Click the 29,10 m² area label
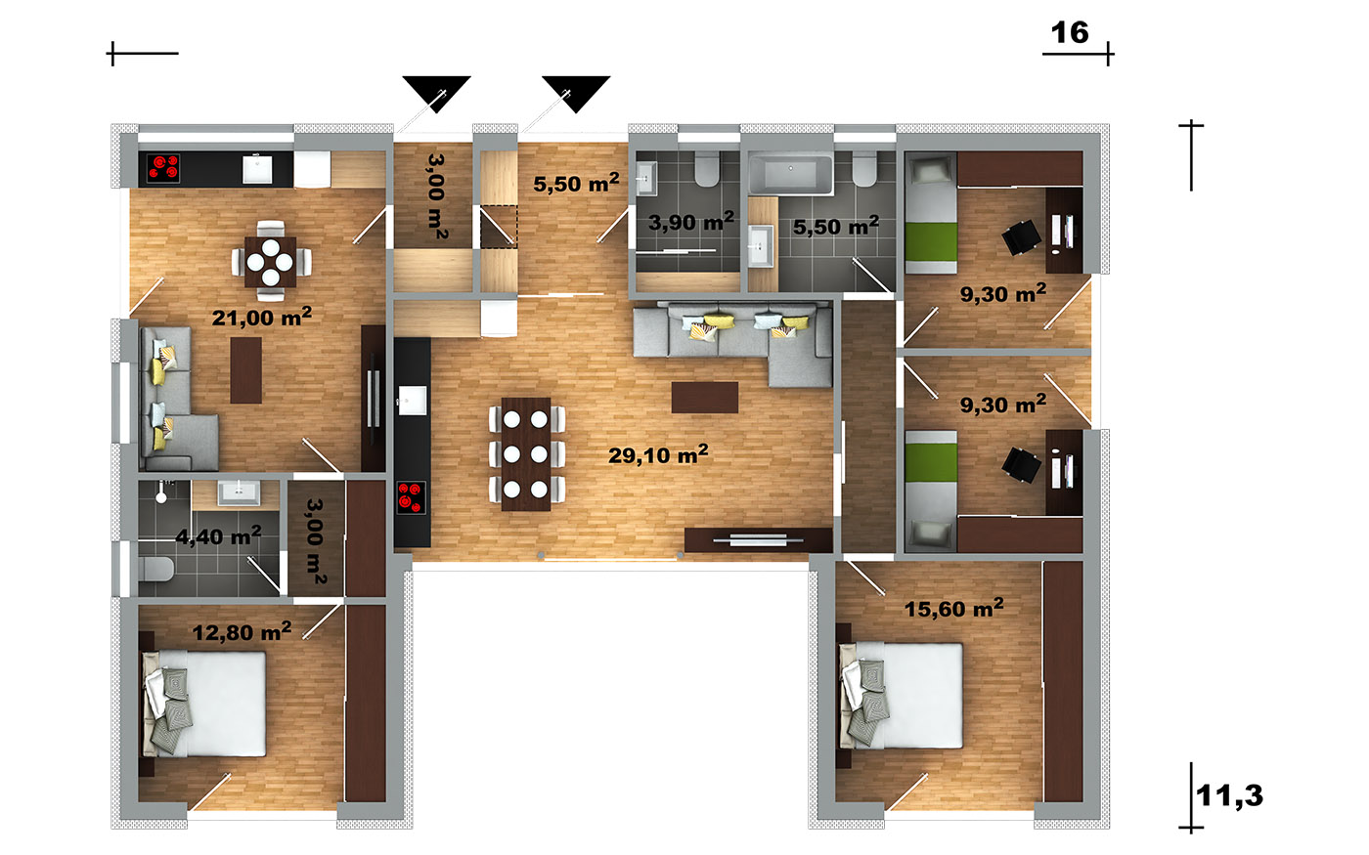pyautogui.click(x=658, y=455)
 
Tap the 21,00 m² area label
pyautogui.click(x=262, y=317)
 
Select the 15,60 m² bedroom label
pyautogui.click(x=953, y=608)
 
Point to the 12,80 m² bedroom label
pyautogui.click(x=242, y=632)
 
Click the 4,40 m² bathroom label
pyautogui.click(x=218, y=536)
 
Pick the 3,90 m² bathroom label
pyautogui.click(x=691, y=222)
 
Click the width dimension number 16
pyautogui.click(x=1070, y=33)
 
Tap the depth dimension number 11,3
pyautogui.click(x=1229, y=795)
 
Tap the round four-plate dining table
pyautogui.click(x=270, y=262)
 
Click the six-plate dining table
pyautogui.click(x=526, y=454)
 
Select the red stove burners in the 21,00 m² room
pyautogui.click(x=163, y=168)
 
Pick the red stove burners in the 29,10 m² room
pyautogui.click(x=412, y=497)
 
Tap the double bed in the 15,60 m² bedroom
pyautogui.click(x=901, y=696)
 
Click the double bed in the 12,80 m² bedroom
pyautogui.click(x=203, y=705)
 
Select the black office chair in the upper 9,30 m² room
pyautogui.click(x=1021, y=236)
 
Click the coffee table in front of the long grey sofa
pyautogui.click(x=705, y=398)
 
